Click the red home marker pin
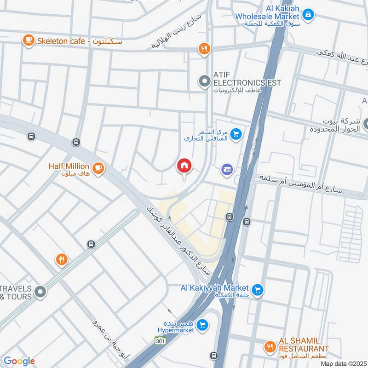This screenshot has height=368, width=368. point(184,166)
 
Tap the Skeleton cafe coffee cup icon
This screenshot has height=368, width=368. point(29,40)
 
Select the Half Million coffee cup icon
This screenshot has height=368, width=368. point(98,169)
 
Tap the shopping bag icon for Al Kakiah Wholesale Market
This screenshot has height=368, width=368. point(309,15)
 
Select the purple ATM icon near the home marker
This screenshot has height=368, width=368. point(226,170)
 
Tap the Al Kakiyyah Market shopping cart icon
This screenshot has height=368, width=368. point(258,290)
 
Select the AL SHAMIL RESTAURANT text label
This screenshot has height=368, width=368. point(304,344)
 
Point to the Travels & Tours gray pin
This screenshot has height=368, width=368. point(40,291)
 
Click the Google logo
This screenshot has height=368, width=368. point(19,361)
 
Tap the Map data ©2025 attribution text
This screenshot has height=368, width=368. point(343,363)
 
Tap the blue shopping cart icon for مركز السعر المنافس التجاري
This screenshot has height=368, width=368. point(236,134)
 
